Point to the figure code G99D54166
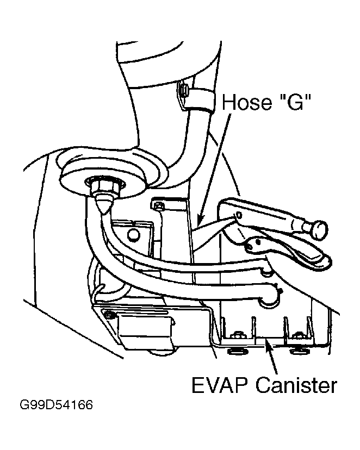tap(56, 405)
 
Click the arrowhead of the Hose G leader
tap(199, 222)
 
